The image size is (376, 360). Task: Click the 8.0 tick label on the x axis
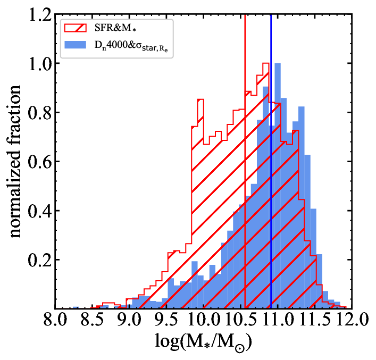pyautogui.click(x=55, y=320)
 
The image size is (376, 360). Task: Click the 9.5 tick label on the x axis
pyautogui.click(x=166, y=320)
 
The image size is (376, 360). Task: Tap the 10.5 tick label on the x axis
pyautogui.click(x=240, y=320)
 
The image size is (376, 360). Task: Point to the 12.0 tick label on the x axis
pyautogui.click(x=352, y=320)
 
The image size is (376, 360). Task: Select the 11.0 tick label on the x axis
pyautogui.click(x=278, y=320)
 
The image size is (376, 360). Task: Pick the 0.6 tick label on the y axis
pyautogui.click(x=40, y=162)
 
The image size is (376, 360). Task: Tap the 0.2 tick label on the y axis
pyautogui.click(x=40, y=259)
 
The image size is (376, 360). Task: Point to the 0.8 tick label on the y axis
pyautogui.click(x=40, y=112)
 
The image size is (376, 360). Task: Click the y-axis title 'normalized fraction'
pyautogui.click(x=15, y=161)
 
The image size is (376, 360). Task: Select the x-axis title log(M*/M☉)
pyautogui.click(x=204, y=342)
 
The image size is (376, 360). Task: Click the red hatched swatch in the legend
pyautogui.click(x=76, y=28)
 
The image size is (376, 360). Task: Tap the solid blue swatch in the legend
pyautogui.click(x=76, y=45)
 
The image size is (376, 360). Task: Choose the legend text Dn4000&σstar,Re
pyautogui.click(x=131, y=46)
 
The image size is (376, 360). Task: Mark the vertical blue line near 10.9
pyautogui.click(x=271, y=161)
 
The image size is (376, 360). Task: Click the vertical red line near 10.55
pyautogui.click(x=245, y=161)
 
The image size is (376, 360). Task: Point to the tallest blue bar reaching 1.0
pyautogui.click(x=278, y=186)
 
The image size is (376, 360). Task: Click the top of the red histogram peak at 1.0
pyautogui.click(x=266, y=63)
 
